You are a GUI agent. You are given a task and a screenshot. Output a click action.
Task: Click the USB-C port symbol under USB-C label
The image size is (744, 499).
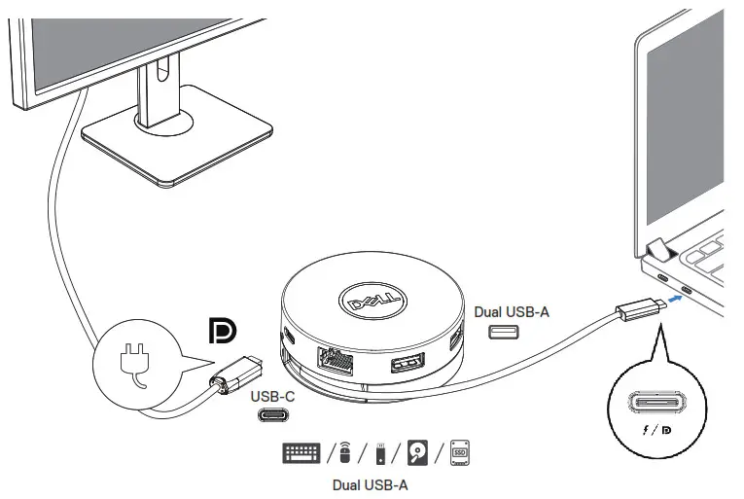(272, 415)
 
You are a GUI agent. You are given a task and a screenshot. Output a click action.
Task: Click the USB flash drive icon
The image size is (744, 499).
(379, 453)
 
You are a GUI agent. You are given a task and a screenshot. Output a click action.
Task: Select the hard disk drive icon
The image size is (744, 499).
(418, 452)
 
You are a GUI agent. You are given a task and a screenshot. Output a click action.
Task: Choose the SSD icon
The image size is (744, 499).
(458, 452)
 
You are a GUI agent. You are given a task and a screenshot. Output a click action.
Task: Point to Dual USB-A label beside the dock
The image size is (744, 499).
(512, 312)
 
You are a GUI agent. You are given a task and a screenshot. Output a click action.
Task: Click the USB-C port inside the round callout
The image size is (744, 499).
(653, 403)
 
